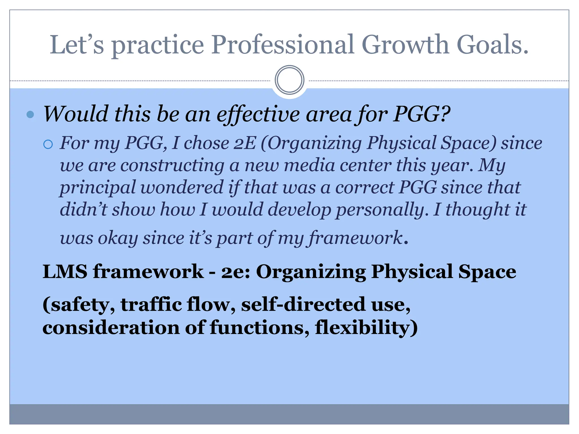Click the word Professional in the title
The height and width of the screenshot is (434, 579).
click(283, 45)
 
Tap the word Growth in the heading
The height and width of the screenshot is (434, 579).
click(405, 45)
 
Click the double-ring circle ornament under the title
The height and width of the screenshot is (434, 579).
click(289, 80)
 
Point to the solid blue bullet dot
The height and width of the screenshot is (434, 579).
click(30, 114)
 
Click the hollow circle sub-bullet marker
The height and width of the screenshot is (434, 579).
click(48, 144)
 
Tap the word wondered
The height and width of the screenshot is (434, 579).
click(182, 187)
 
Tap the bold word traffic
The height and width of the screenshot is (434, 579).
click(151, 305)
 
